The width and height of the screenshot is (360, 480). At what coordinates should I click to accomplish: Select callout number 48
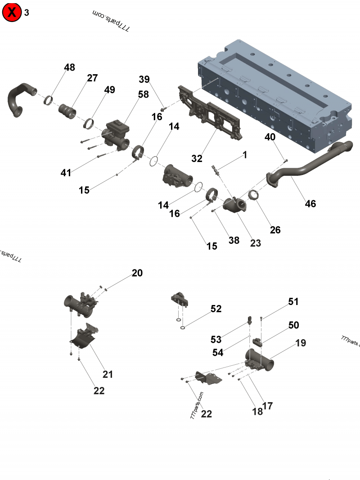69,67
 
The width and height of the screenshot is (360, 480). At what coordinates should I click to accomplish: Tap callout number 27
92,78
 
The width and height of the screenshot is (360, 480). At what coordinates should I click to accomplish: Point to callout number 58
143,94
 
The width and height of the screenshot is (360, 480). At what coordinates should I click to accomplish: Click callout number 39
144,80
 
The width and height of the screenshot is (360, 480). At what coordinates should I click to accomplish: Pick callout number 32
197,158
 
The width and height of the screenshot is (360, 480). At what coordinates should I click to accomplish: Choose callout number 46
310,203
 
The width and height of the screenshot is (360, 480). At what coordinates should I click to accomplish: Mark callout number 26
275,230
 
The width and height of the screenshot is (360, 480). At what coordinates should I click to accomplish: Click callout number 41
66,173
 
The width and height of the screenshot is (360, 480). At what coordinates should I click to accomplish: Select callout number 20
137,273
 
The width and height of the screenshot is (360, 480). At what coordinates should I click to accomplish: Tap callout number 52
216,309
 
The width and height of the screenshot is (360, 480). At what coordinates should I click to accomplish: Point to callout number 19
301,343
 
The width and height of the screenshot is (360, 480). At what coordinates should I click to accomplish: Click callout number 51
293,301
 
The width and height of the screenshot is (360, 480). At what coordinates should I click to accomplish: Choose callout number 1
245,155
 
